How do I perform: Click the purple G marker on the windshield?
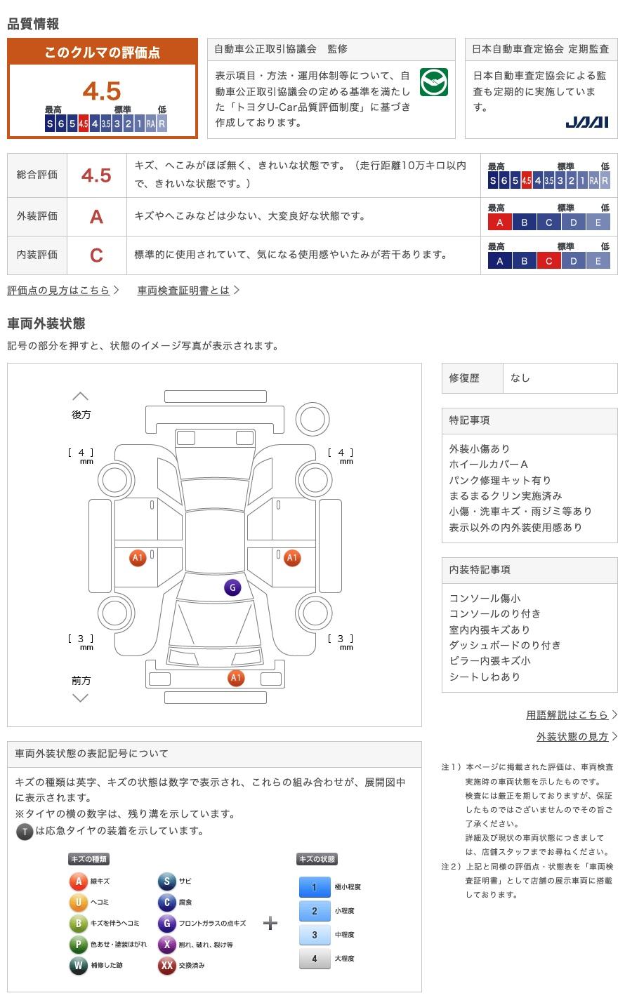click(x=232, y=588)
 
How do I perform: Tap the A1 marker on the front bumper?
click(x=236, y=678)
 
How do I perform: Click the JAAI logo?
click(x=587, y=122)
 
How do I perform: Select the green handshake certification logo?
click(x=434, y=83)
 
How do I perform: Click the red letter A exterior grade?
click(x=96, y=217)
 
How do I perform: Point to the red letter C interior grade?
click(x=96, y=255)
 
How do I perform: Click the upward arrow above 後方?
click(x=81, y=397)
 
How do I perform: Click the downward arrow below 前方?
click(x=81, y=698)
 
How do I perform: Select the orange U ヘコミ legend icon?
click(x=78, y=903)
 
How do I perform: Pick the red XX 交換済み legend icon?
click(x=166, y=966)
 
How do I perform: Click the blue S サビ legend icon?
click(x=166, y=881)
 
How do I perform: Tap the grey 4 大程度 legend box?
click(x=315, y=959)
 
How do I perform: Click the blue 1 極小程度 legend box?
click(x=315, y=887)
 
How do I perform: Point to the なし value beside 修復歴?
click(x=520, y=378)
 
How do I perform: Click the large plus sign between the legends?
click(x=270, y=923)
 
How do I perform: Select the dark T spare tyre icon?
click(x=25, y=832)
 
